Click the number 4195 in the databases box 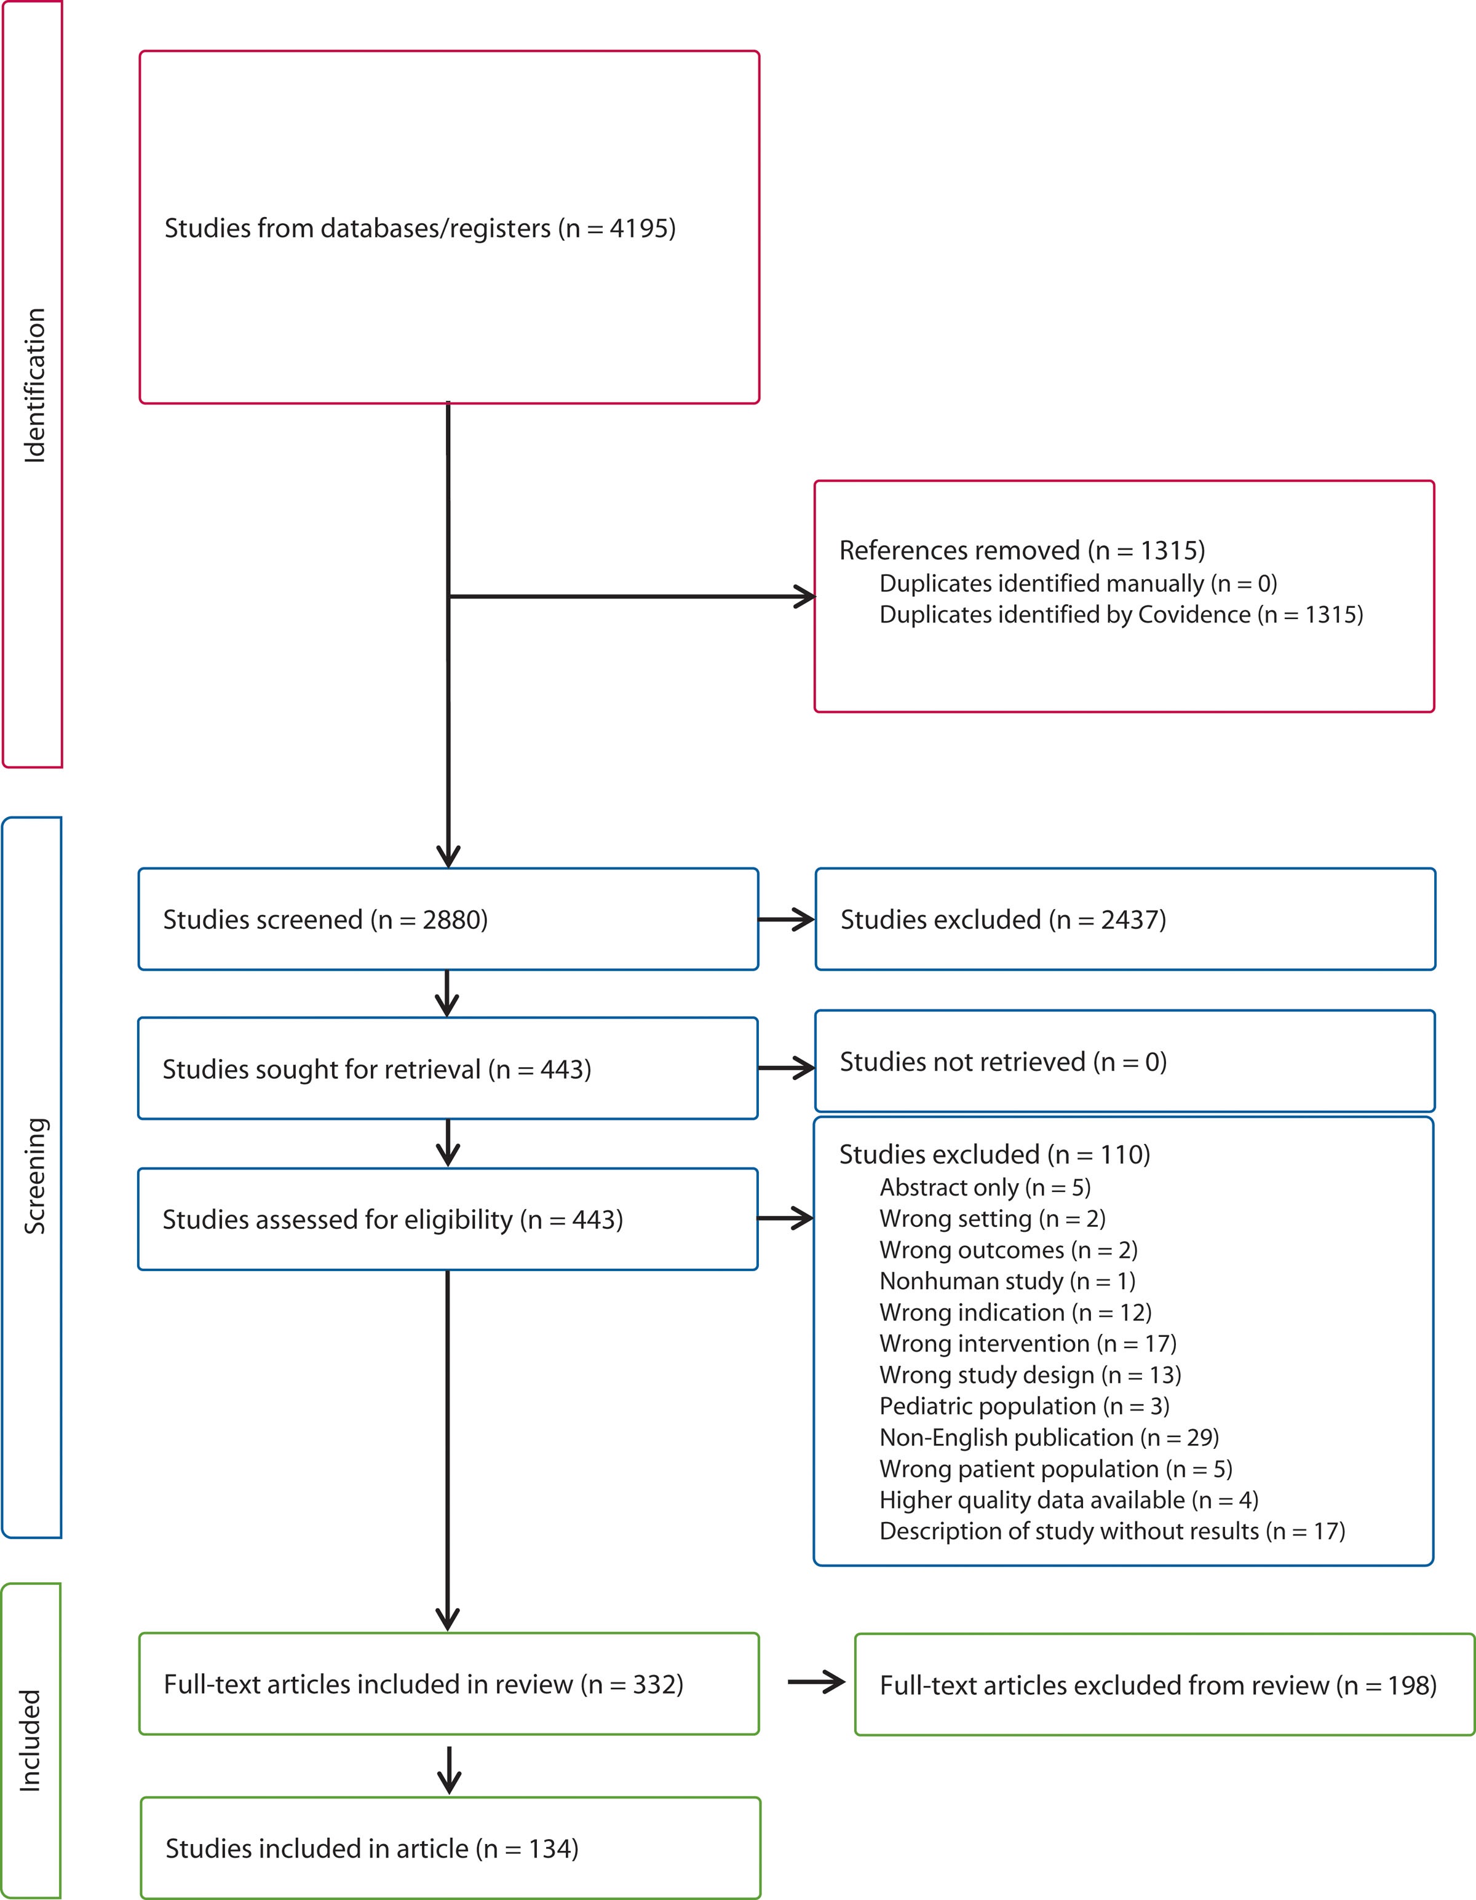(641, 228)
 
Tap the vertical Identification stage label (34, 385)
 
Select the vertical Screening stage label (34, 1176)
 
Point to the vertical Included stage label (31, 1741)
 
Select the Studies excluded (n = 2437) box (1124, 920)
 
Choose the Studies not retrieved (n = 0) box (1124, 1062)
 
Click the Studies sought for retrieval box (447, 1068)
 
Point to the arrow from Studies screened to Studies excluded (786, 920)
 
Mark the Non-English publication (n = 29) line (1048, 1437)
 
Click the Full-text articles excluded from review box (1164, 1685)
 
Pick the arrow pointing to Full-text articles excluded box (816, 1682)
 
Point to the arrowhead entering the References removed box (804, 597)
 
